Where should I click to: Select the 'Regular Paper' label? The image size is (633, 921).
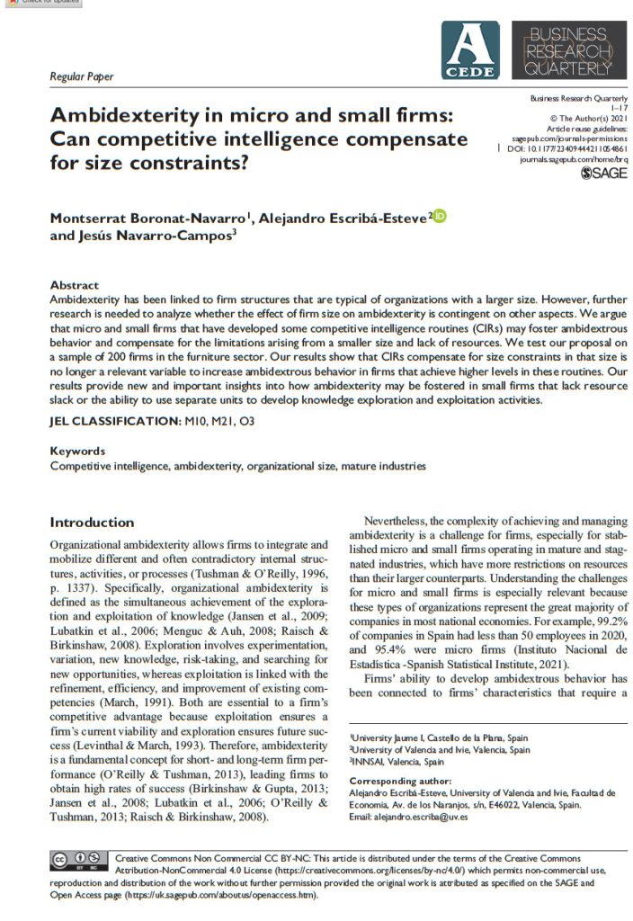82,76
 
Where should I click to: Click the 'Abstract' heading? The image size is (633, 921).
75,285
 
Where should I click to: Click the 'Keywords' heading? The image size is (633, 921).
77,452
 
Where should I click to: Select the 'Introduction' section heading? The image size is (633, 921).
92,523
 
